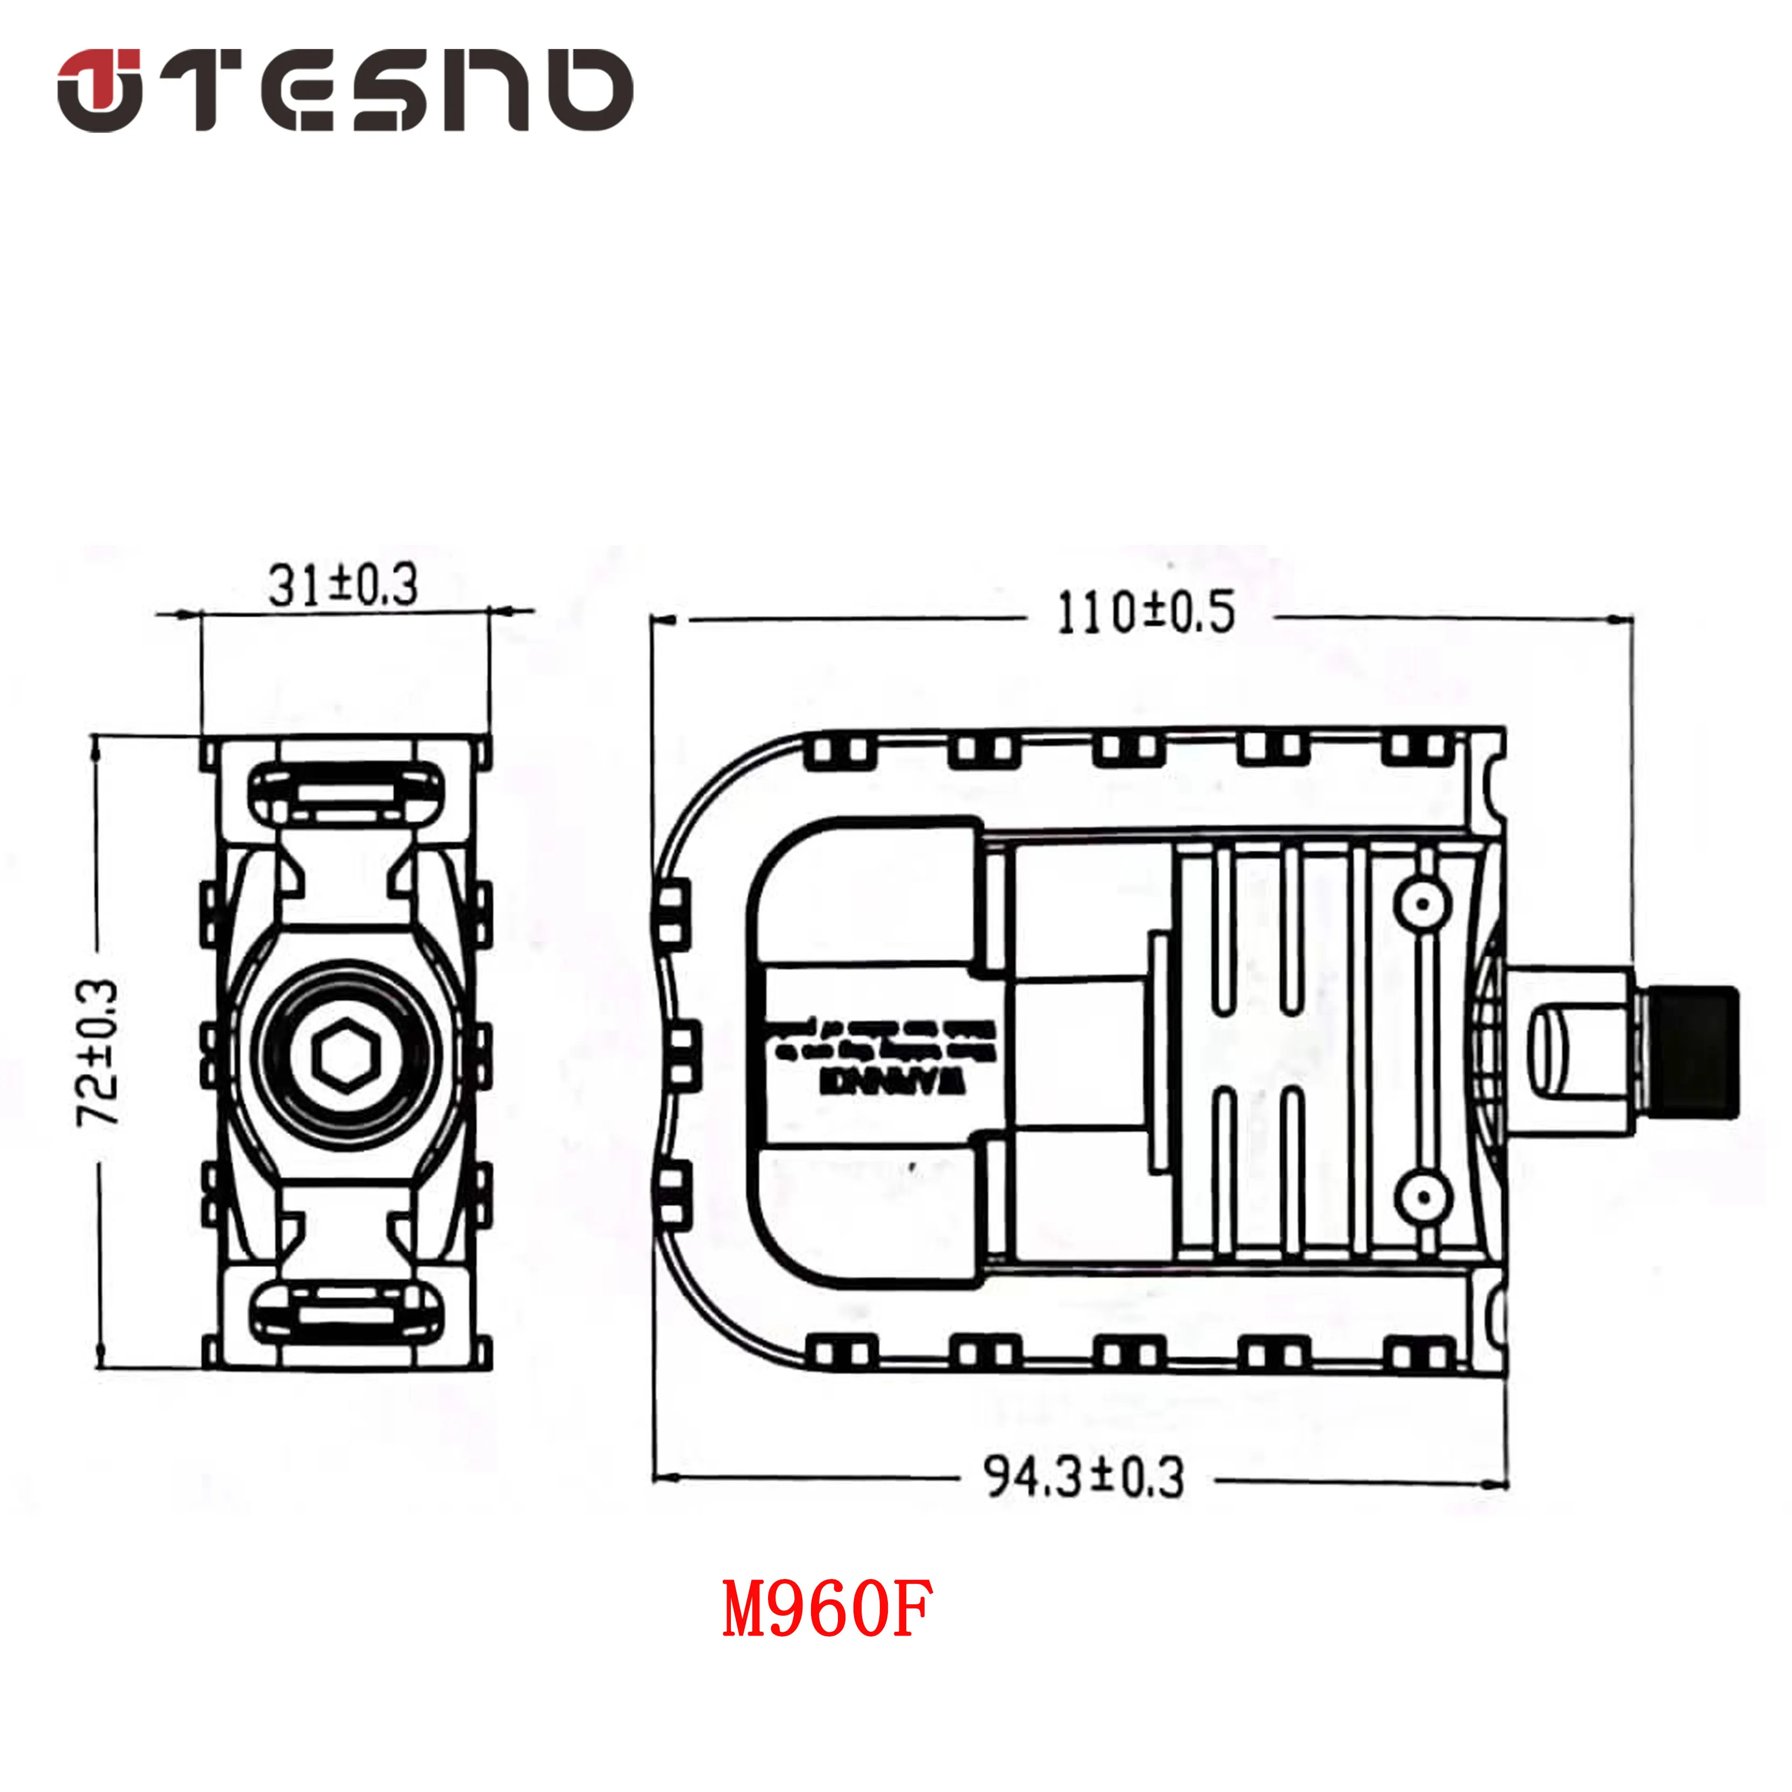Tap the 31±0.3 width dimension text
click(x=343, y=585)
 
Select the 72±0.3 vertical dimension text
click(x=98, y=1053)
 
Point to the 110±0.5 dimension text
click(x=1147, y=613)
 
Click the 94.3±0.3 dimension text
click(x=1083, y=1477)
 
